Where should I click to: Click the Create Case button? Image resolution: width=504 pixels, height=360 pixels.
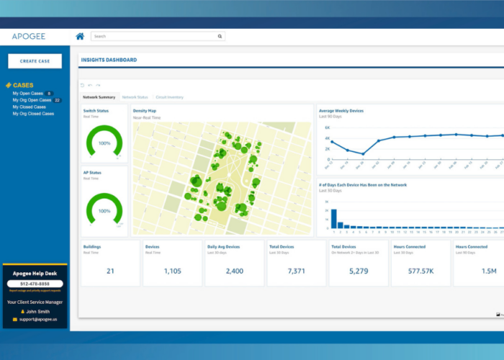35,61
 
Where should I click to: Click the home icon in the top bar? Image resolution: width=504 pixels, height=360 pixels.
80,36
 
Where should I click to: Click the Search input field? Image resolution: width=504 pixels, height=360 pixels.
154,36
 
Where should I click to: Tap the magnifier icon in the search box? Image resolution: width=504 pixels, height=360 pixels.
220,36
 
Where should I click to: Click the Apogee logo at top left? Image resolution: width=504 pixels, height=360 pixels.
29,36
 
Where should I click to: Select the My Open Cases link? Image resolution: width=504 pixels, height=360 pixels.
28,94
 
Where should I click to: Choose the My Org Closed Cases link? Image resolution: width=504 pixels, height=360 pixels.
33,114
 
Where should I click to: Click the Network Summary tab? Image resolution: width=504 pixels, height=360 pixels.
99,96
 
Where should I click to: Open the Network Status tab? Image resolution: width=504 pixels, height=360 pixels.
135,96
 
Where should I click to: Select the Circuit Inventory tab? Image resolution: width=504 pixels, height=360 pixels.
170,96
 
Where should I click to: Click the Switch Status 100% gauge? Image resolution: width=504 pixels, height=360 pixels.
104,142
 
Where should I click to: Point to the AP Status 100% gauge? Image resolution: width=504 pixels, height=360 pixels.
104,210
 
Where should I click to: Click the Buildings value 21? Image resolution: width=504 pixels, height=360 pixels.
110,271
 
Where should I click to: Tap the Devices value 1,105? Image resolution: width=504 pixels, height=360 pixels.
173,271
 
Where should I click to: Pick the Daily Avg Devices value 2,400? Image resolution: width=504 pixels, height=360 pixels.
235,271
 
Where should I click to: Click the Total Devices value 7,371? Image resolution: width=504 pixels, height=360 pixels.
297,271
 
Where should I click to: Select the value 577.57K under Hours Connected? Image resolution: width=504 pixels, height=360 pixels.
420,271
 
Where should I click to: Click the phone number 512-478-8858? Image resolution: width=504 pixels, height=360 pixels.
35,284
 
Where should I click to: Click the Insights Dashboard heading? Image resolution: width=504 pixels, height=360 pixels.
109,60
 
